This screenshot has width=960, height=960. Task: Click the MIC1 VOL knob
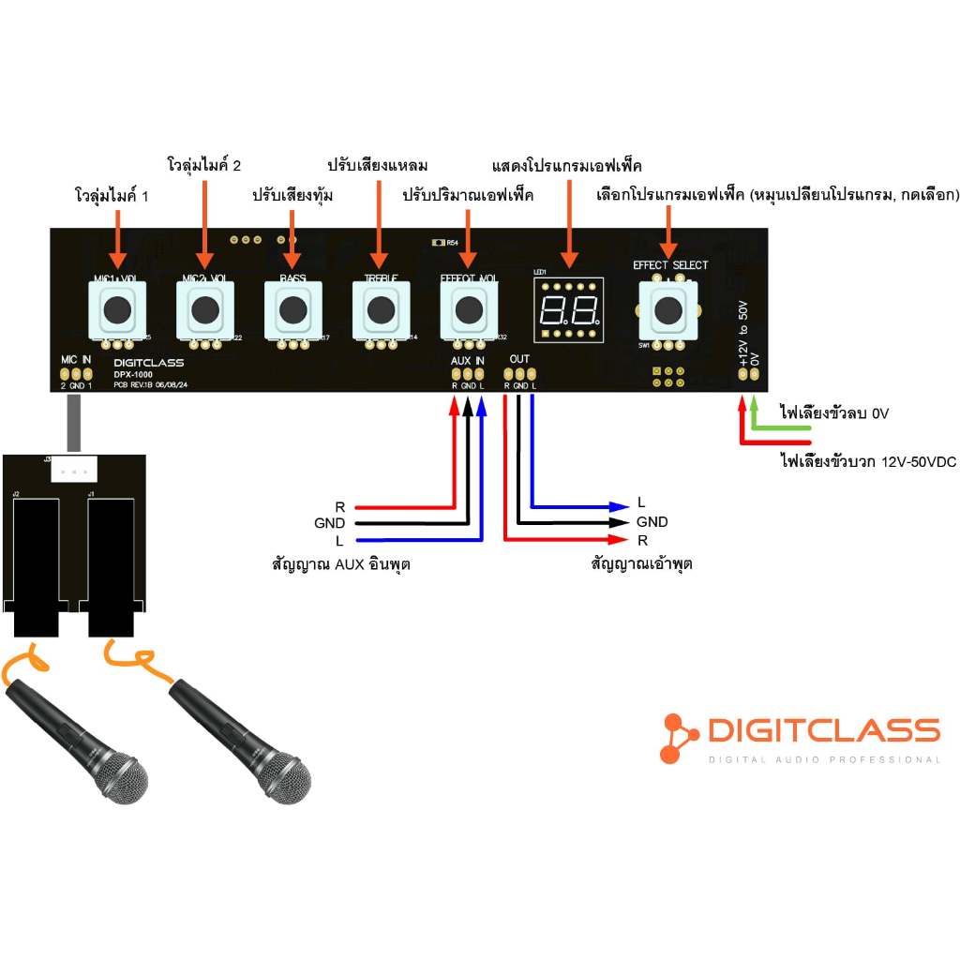tap(117, 308)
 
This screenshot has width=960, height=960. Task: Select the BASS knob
tap(292, 308)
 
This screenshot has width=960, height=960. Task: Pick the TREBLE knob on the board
tap(381, 308)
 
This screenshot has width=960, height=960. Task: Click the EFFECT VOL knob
tap(469, 308)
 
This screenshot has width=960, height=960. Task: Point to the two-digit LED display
tap(567, 309)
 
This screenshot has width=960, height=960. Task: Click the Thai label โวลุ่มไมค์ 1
tap(112, 197)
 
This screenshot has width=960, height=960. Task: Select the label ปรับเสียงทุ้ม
tap(292, 197)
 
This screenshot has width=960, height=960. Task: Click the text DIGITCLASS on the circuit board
tap(148, 362)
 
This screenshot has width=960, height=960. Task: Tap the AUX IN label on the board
tap(468, 360)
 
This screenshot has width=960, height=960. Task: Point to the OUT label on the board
tap(519, 360)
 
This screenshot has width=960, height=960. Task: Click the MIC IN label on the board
tap(76, 360)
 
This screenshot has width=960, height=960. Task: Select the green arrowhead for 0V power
tap(755, 406)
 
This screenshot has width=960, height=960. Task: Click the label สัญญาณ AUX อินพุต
tap(341, 564)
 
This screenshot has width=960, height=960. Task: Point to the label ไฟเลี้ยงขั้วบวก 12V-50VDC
tap(867, 461)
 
